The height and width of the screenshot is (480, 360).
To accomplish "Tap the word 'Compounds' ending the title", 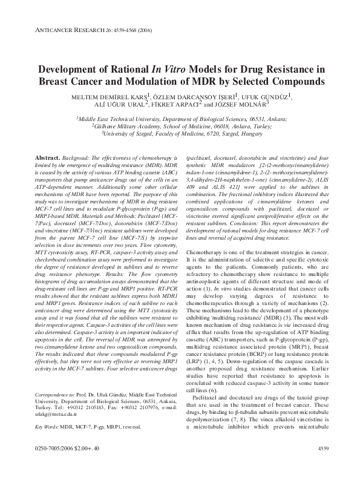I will pyautogui.click(x=287, y=81).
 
